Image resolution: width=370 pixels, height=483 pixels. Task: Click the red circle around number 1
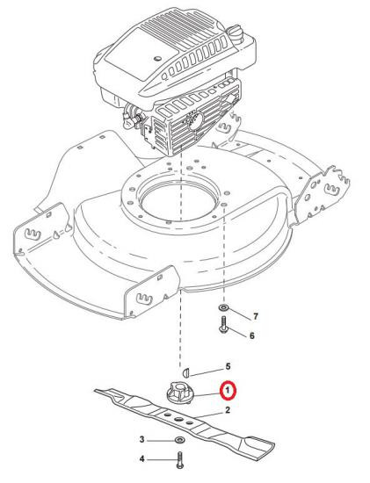(228, 391)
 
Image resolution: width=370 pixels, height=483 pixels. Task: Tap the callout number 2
(228, 410)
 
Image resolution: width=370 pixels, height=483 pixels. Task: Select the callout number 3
(141, 439)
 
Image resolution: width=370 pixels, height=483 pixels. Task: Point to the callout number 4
(141, 459)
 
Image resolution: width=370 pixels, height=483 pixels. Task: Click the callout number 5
(228, 366)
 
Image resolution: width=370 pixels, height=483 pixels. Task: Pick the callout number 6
(252, 335)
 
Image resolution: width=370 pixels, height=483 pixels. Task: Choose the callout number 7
(255, 316)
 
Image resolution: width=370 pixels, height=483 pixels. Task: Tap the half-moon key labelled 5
(185, 373)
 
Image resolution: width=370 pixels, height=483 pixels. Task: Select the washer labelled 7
(222, 307)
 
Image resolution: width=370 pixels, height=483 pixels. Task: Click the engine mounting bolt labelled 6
(223, 324)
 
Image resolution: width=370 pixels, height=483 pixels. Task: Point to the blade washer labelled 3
(178, 439)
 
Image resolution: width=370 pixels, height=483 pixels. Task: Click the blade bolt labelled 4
(180, 460)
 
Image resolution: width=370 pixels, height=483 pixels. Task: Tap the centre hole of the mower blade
(178, 419)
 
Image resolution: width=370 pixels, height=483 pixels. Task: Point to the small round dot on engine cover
(158, 58)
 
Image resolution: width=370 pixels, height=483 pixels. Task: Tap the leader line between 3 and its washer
(160, 440)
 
